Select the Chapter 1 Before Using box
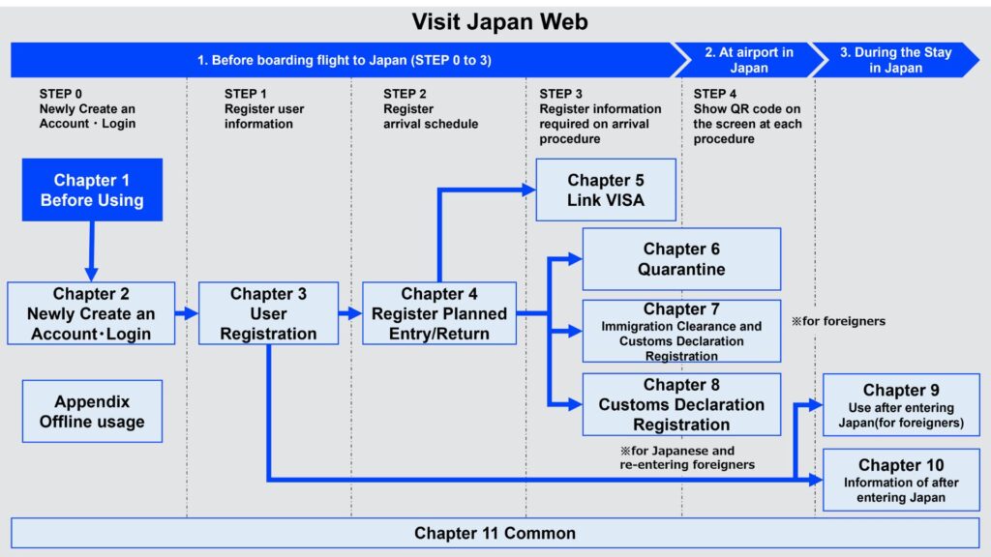pyautogui.click(x=92, y=191)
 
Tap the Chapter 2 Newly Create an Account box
pyautogui.click(x=91, y=313)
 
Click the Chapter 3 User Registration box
pyautogui.click(x=268, y=313)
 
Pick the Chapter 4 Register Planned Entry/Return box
pyautogui.click(x=438, y=313)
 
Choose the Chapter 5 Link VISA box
pyautogui.click(x=606, y=190)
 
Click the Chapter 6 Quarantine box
pyautogui.click(x=681, y=259)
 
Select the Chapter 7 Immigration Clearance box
pyautogui.click(x=681, y=331)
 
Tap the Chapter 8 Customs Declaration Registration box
pyautogui.click(x=681, y=404)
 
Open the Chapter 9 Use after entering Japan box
pyautogui.click(x=901, y=404)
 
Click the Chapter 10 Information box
pyautogui.click(x=901, y=480)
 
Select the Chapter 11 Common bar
pyautogui.click(x=495, y=533)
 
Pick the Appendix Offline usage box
pyautogui.click(x=92, y=411)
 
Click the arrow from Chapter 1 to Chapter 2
pyautogui.click(x=92, y=249)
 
